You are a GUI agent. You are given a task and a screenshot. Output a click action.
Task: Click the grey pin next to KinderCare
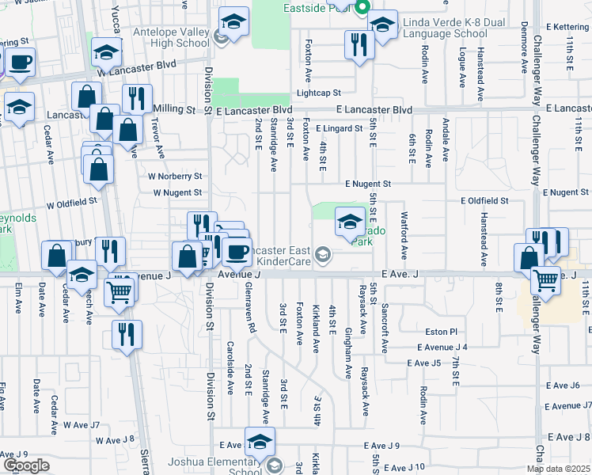click(x=322, y=254)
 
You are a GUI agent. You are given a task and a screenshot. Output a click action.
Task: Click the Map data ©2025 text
click(x=558, y=469)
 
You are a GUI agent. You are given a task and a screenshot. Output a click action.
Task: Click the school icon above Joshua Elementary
click(x=259, y=441)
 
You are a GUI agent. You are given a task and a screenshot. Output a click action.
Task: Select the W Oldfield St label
click(x=71, y=202)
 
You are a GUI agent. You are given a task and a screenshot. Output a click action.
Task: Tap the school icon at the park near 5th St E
click(x=349, y=222)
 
